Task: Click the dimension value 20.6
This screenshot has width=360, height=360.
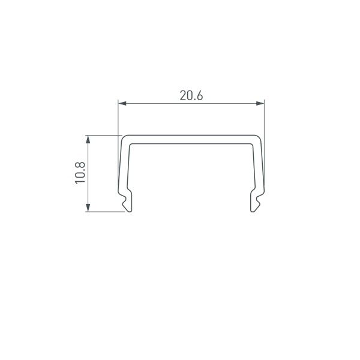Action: pos(190,95)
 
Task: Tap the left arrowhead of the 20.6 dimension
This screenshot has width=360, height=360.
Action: pos(121,104)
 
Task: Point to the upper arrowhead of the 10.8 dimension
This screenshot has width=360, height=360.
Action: pos(89,139)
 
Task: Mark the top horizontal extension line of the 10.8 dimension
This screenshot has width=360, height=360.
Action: pos(102,135)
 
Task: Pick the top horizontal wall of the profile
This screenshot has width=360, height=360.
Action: pos(191,139)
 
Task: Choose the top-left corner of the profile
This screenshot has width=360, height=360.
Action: pos(122,138)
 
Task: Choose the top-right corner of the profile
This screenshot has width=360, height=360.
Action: pos(260,138)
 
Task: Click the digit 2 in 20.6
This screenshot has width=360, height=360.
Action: pos(182,95)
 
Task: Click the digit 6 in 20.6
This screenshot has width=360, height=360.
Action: pos(199,95)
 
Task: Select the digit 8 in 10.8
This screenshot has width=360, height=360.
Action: pos(80,165)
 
